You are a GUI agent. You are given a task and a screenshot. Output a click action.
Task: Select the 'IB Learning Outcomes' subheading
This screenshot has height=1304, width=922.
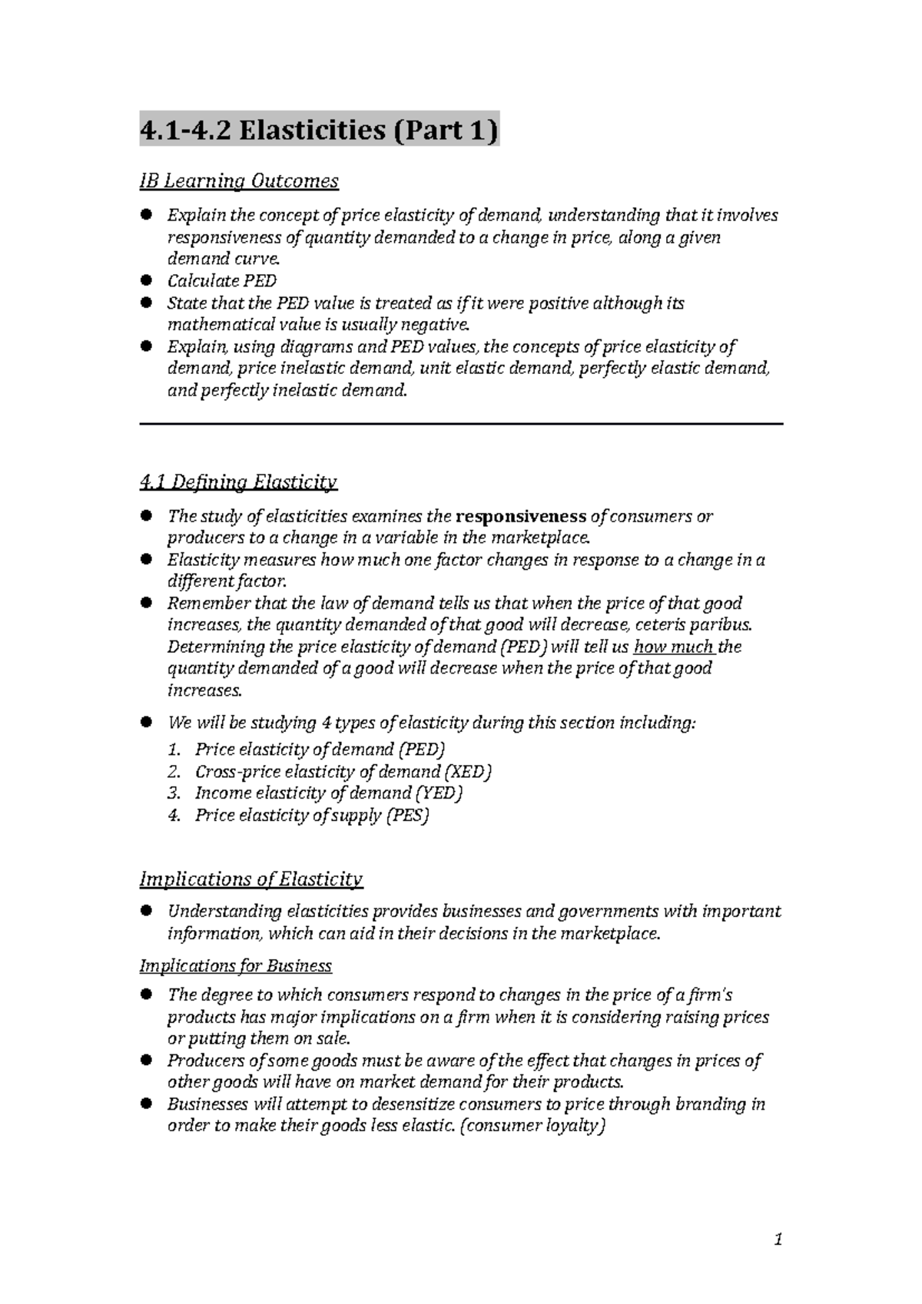point(238,181)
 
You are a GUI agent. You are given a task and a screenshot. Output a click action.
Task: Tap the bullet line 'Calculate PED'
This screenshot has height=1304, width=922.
point(222,281)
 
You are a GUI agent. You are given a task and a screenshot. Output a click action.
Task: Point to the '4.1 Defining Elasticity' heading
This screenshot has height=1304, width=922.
point(238,483)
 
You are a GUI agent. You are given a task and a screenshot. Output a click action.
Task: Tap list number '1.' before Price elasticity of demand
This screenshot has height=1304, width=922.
point(174,750)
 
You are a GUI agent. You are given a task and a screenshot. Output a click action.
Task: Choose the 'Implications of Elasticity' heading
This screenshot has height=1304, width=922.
point(250,879)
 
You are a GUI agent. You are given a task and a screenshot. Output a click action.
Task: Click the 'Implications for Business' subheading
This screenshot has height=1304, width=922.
point(235,965)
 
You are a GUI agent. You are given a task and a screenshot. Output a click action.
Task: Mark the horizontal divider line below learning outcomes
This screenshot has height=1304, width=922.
point(461,424)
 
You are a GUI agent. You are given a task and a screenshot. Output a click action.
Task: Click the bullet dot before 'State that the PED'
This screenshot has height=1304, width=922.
point(145,303)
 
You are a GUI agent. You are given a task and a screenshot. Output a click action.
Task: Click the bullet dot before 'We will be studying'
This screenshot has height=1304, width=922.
point(145,723)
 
